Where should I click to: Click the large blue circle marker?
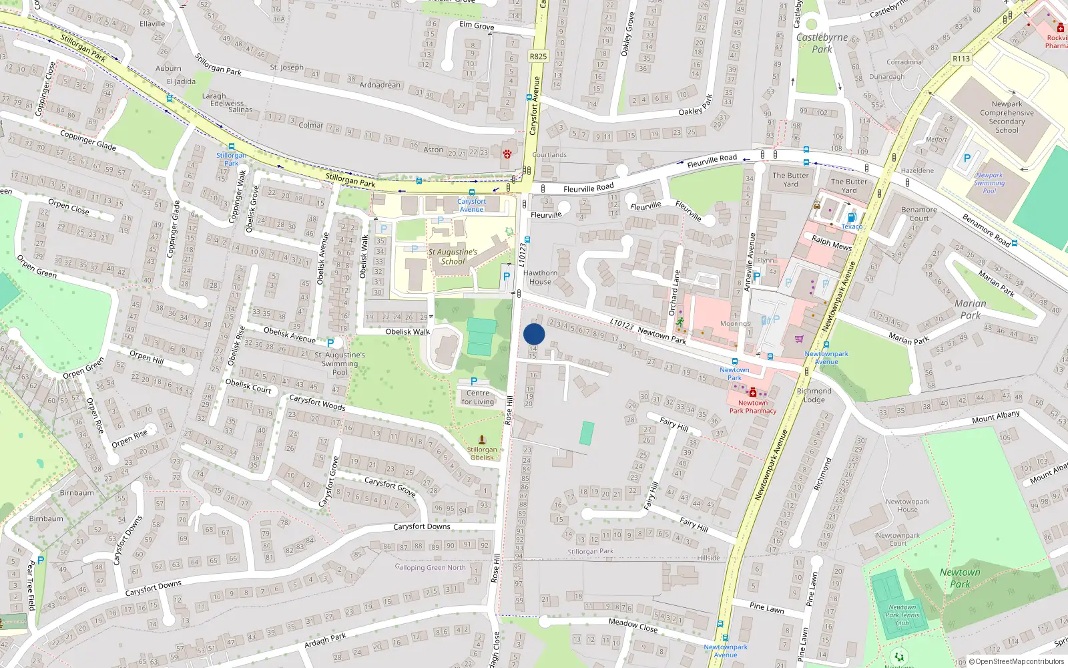pyautogui.click(x=534, y=334)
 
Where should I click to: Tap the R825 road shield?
pyautogui.click(x=538, y=56)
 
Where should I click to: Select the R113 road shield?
pyautogui.click(x=961, y=59)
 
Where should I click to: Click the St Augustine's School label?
pyautogui.click(x=453, y=257)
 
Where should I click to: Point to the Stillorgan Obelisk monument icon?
pyautogui.click(x=482, y=440)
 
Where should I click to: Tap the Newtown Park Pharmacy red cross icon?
pyautogui.click(x=753, y=393)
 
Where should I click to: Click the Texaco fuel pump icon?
pyautogui.click(x=852, y=217)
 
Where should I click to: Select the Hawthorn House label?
pyautogui.click(x=540, y=277)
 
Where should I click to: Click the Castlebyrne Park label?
pyautogui.click(x=822, y=43)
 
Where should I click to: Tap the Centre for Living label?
pyautogui.click(x=478, y=397)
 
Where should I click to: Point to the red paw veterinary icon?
pyautogui.click(x=507, y=154)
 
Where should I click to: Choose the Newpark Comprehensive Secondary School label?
pyautogui.click(x=1007, y=117)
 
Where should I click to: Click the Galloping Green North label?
pyautogui.click(x=430, y=568)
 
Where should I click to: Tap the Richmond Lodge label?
pyautogui.click(x=814, y=395)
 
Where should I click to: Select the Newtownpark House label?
pyautogui.click(x=907, y=506)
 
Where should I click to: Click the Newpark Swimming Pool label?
pyautogui.click(x=989, y=183)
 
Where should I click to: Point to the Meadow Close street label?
pyautogui.click(x=633, y=625)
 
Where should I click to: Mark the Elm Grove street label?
pyautogui.click(x=477, y=26)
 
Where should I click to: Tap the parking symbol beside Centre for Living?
pyautogui.click(x=474, y=381)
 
